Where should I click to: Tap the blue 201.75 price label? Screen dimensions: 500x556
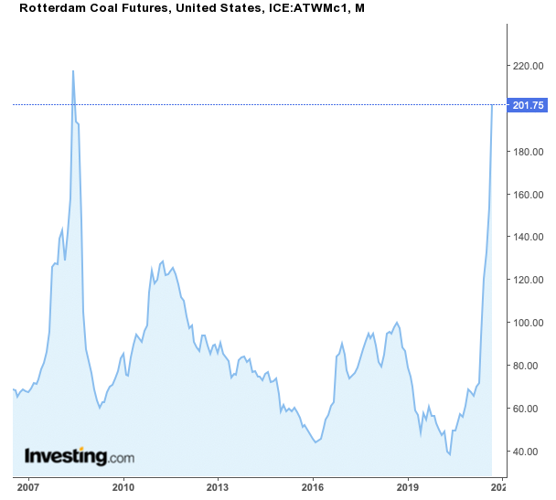point(529,105)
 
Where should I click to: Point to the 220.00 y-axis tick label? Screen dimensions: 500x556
point(529,67)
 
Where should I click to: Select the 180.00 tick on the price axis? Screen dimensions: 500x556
point(529,152)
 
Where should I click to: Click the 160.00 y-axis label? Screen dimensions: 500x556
point(529,195)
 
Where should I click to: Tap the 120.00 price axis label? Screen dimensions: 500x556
point(529,281)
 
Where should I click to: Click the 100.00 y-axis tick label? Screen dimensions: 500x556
point(529,324)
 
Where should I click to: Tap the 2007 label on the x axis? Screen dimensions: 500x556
point(27,488)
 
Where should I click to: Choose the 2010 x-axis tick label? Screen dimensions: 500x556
point(123,488)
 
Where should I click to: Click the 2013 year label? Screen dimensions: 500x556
point(218,488)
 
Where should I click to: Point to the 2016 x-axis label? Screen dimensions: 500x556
point(313,488)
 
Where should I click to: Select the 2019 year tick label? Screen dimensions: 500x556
point(408,488)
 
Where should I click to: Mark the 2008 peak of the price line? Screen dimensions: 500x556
point(73,71)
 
